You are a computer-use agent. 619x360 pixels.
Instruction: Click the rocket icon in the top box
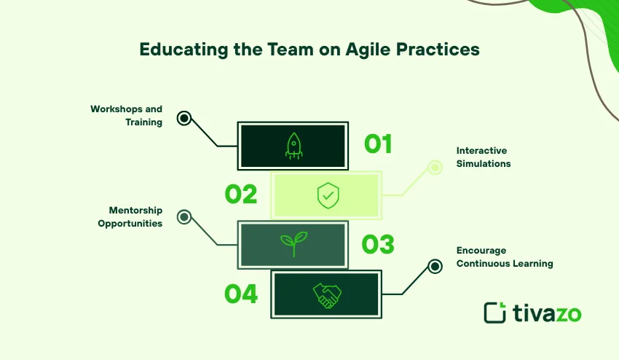pyautogui.click(x=293, y=146)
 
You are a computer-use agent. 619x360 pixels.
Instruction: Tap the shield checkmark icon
pyautogui.click(x=327, y=195)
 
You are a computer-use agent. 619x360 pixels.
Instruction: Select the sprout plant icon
pyautogui.click(x=293, y=244)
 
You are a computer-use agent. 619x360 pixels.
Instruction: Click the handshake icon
pyautogui.click(x=327, y=294)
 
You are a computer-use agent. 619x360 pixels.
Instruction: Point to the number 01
pyautogui.click(x=378, y=144)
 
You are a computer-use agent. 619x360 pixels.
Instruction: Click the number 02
pyautogui.click(x=240, y=195)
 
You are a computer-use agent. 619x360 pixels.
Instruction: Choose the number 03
pyautogui.click(x=378, y=244)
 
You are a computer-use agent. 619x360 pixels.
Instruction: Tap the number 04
pyautogui.click(x=241, y=294)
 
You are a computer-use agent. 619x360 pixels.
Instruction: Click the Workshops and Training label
pyautogui.click(x=126, y=116)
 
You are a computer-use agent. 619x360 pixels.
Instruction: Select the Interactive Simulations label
pyautogui.click(x=484, y=157)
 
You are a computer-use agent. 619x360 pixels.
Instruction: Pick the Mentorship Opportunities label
pyautogui.click(x=130, y=217)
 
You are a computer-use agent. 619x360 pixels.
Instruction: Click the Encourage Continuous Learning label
pyautogui.click(x=504, y=257)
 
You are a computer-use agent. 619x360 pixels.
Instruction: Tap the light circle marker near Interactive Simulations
pyautogui.click(x=435, y=168)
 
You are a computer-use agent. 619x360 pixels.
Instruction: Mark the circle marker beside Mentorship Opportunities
pyautogui.click(x=184, y=216)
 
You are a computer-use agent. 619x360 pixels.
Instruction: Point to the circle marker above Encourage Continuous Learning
pyautogui.click(x=435, y=267)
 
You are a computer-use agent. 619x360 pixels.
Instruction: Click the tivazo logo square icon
pyautogui.click(x=495, y=312)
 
